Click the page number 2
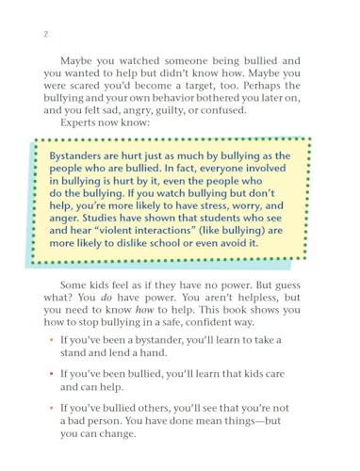(44, 36)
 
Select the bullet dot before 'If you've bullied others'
(52, 408)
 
